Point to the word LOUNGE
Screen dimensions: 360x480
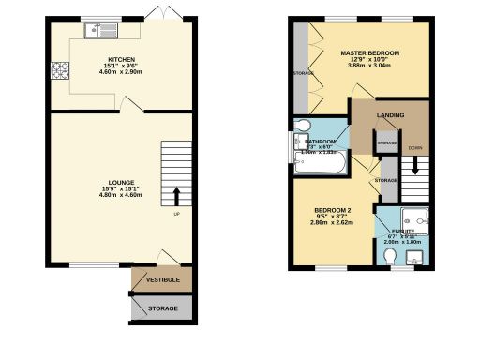pyautogui.click(x=121, y=182)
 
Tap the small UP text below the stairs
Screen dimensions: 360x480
pyautogui.click(x=176, y=214)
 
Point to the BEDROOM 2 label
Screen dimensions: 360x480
pyautogui.click(x=333, y=210)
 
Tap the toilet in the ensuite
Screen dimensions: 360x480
pyautogui.click(x=391, y=255)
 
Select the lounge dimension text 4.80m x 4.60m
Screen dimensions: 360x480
pyautogui.click(x=121, y=196)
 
